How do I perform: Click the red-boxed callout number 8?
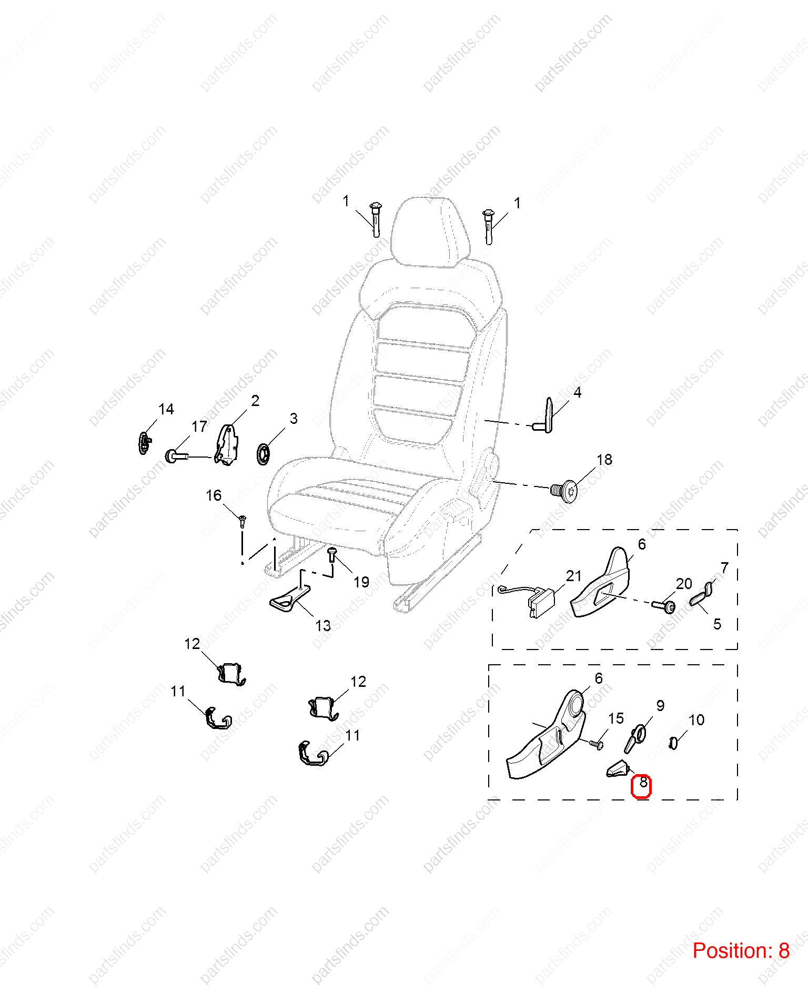[x=643, y=783]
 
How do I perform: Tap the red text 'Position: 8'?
[x=741, y=951]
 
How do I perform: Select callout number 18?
[x=604, y=460]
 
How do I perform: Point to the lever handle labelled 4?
[x=545, y=416]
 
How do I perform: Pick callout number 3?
[x=294, y=419]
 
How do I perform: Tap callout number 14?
[x=166, y=409]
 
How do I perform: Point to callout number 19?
[x=361, y=582]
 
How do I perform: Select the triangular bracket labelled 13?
[x=289, y=600]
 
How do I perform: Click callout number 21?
[x=573, y=576]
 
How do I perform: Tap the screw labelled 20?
[x=664, y=606]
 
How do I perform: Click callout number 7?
[x=725, y=568]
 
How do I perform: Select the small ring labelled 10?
[x=673, y=743]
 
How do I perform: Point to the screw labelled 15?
[x=596, y=744]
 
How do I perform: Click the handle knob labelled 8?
[x=618, y=769]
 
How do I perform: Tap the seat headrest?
[x=430, y=232]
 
